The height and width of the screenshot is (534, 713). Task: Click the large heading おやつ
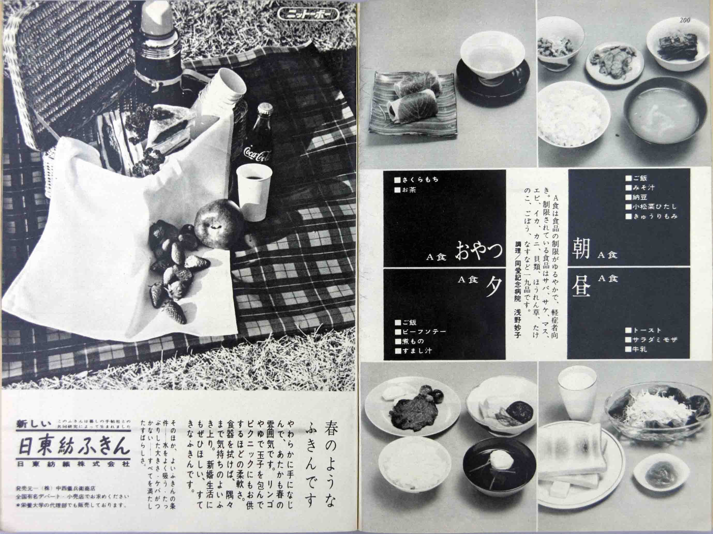(x=479, y=252)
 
